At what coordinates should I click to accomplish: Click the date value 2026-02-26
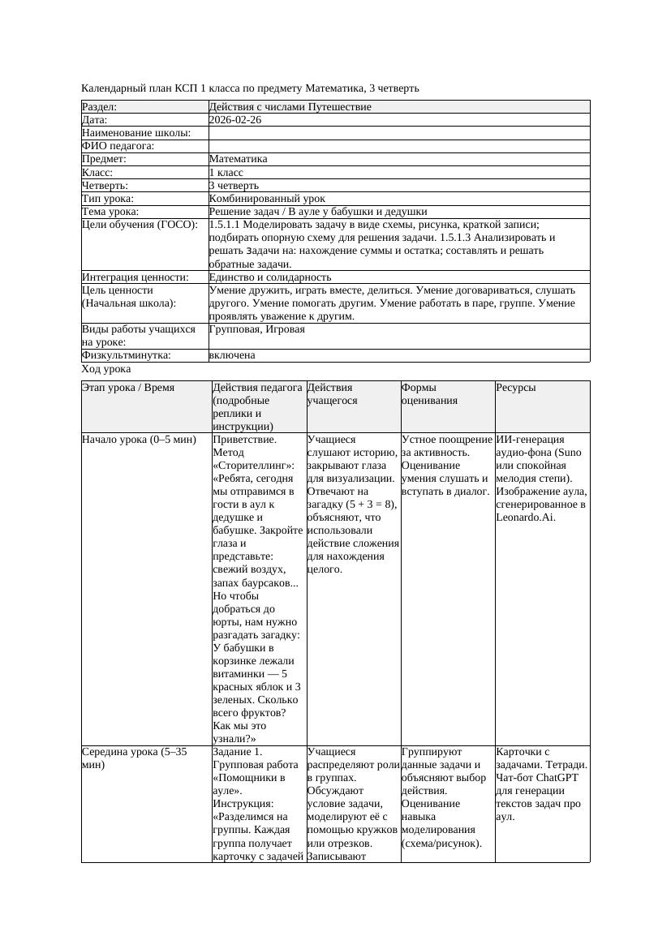pyautogui.click(x=235, y=120)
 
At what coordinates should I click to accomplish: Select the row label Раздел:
pyautogui.click(x=100, y=107)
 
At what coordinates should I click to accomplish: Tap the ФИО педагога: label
pyautogui.click(x=118, y=146)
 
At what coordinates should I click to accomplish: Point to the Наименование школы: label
pyautogui.click(x=136, y=133)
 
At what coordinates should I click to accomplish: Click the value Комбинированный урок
pyautogui.click(x=267, y=198)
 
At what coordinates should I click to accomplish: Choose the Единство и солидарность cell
pyautogui.click(x=269, y=277)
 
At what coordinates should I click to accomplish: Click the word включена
pyautogui.click(x=232, y=355)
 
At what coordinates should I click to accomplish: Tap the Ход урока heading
pyautogui.click(x=106, y=369)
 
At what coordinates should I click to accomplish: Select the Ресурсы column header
pyautogui.click(x=516, y=388)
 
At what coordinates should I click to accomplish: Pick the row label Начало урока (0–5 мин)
pyautogui.click(x=139, y=440)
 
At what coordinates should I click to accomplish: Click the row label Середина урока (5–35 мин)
pyautogui.click(x=134, y=758)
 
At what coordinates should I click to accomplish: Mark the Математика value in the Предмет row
pyautogui.click(x=238, y=159)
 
